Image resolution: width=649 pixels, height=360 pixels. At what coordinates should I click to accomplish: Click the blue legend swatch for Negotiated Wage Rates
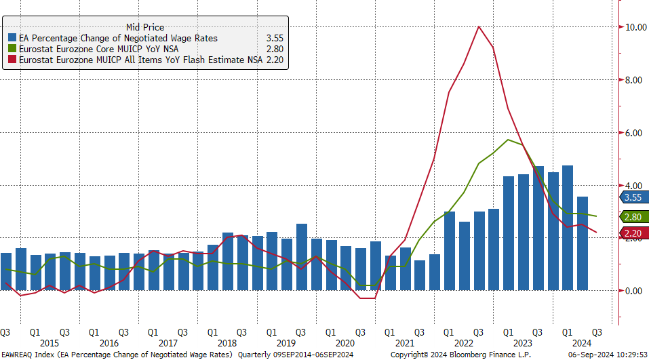12,39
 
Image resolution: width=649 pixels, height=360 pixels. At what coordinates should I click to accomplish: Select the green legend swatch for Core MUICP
12,49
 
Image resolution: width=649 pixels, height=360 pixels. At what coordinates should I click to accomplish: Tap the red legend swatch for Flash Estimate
12,60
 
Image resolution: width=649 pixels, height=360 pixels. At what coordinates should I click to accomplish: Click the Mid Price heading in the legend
144,27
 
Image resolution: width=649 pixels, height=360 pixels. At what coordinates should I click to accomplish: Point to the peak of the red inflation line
479,26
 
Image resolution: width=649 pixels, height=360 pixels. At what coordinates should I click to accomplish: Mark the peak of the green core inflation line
508,140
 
